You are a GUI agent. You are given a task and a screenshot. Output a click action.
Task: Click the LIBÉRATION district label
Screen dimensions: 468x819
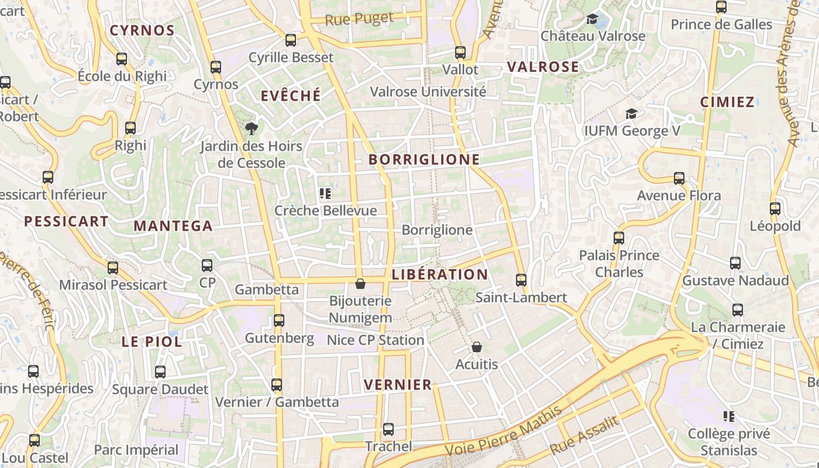(440, 274)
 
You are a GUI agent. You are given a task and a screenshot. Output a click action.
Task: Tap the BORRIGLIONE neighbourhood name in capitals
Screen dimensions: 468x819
(424, 159)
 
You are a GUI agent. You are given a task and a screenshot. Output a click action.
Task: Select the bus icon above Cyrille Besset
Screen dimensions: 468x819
(291, 40)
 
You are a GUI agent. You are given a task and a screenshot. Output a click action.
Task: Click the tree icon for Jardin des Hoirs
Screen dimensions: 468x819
(252, 128)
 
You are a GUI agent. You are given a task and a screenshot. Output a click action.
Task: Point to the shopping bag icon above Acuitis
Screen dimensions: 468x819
(477, 347)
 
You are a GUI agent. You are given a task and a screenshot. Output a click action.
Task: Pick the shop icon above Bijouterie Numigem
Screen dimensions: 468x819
(360, 284)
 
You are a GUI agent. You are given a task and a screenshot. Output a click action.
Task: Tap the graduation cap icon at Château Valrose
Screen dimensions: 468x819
(593, 19)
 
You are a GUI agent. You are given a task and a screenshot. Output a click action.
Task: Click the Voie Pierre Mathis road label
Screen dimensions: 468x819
(503, 431)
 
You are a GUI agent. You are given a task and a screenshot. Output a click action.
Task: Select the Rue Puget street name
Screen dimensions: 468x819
(359, 19)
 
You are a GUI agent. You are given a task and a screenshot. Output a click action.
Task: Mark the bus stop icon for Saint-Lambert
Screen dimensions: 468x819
(521, 280)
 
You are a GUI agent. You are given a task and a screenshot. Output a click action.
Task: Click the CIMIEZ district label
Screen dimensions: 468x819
(727, 102)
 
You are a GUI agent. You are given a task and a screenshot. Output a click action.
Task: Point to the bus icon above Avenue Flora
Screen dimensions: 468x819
(679, 178)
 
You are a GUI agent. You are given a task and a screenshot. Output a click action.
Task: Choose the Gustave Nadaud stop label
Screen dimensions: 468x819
(735, 281)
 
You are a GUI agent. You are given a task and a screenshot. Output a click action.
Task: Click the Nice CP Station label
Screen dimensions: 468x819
(375, 340)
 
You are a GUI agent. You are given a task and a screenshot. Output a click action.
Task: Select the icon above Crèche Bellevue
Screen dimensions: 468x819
(325, 193)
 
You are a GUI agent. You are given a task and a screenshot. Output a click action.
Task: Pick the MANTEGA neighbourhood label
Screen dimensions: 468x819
(173, 226)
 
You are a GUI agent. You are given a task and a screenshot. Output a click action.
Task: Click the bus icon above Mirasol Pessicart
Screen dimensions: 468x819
(113, 268)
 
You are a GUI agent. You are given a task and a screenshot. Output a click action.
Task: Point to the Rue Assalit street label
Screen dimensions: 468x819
(584, 436)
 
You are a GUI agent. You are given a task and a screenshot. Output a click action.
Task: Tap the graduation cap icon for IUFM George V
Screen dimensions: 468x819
(631, 113)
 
